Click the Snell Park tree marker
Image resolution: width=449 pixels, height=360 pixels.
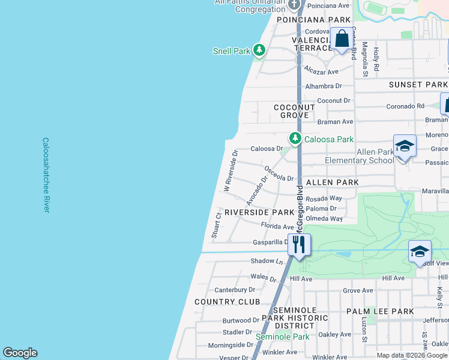click(259, 50)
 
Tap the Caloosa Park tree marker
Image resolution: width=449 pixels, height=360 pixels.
click(295, 139)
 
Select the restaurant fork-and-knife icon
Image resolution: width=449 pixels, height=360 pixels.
click(298, 244)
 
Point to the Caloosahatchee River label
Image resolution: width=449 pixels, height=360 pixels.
click(46, 175)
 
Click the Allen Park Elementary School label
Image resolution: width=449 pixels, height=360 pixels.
click(359, 156)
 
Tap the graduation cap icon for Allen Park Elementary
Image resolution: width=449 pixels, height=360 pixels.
click(405, 146)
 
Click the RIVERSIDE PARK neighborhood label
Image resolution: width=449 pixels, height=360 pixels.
click(259, 212)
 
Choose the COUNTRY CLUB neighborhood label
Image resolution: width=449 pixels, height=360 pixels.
click(228, 302)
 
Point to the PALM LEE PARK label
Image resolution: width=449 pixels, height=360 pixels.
click(380, 311)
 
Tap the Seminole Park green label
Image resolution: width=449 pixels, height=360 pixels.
click(283, 337)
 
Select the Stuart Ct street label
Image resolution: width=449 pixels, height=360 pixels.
click(217, 224)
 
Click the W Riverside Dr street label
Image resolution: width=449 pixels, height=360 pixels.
click(231, 171)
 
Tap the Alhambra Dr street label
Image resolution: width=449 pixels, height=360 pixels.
click(323, 86)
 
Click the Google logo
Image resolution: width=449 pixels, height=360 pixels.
click(20, 353)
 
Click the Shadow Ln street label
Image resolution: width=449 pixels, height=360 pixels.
click(267, 262)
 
